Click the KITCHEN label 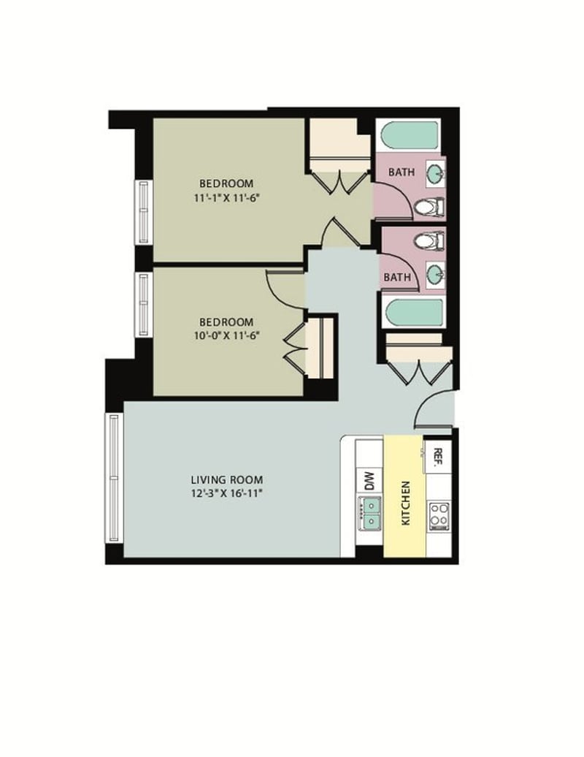pyautogui.click(x=406, y=503)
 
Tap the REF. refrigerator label pyautogui.click(x=438, y=457)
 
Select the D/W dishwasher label pyautogui.click(x=369, y=482)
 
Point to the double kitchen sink pyautogui.click(x=369, y=513)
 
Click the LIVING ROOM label pyautogui.click(x=227, y=480)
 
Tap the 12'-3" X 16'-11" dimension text pyautogui.click(x=227, y=494)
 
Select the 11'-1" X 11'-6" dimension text pyautogui.click(x=226, y=198)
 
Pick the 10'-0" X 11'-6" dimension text pyautogui.click(x=226, y=336)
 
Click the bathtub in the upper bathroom pyautogui.click(x=410, y=135)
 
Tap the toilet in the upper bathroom pyautogui.click(x=429, y=207)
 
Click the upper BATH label pyautogui.click(x=401, y=172)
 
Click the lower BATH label pyautogui.click(x=397, y=278)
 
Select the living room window pyautogui.click(x=115, y=478)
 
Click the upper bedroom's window pyautogui.click(x=144, y=212)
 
